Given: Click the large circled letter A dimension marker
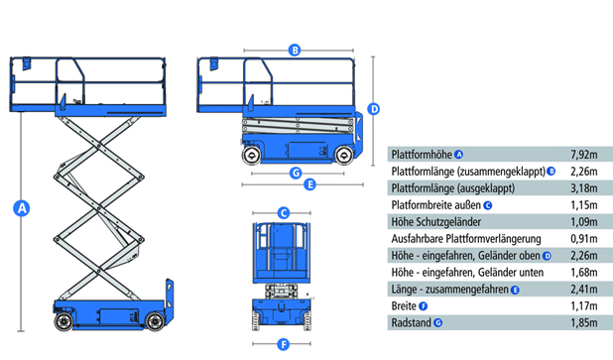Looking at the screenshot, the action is pos(22,208).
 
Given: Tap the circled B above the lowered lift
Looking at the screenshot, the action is pos(295,50).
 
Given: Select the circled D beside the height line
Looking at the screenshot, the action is pos(374,109).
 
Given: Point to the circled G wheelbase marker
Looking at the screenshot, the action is pos(296,173).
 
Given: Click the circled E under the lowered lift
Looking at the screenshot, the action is pos(309,184).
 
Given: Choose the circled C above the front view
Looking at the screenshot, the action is pos(284,213).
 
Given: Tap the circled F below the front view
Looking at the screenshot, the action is pos(284,344).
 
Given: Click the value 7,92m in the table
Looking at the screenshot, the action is pos(583,155).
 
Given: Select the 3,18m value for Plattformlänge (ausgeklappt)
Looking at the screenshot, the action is pos(583,188).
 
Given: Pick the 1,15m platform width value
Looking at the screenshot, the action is pos(583,205).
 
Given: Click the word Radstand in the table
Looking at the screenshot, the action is pos(412,323).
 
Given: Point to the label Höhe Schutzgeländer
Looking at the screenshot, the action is pos(435,222).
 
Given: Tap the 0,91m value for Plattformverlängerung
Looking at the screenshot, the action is pos(583,238).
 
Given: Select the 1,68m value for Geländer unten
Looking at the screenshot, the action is pos(583,272).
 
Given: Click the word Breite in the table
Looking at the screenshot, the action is pos(404,305).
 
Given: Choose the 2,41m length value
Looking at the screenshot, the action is pos(583,290).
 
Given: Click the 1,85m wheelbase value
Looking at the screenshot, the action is pos(583,323).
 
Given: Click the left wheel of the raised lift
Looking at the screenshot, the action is pos(63,321).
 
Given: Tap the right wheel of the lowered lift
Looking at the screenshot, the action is pos(344,155).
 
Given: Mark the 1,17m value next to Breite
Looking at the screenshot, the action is pos(583,305).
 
